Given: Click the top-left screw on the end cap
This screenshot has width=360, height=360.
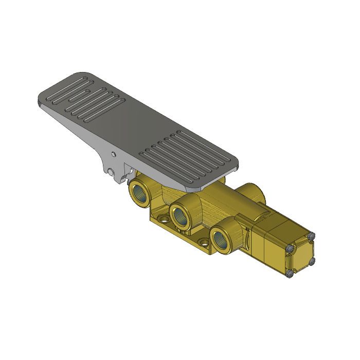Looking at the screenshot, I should pyautogui.click(x=289, y=249).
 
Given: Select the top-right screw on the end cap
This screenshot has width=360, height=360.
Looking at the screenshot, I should pyautogui.click(x=310, y=236).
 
